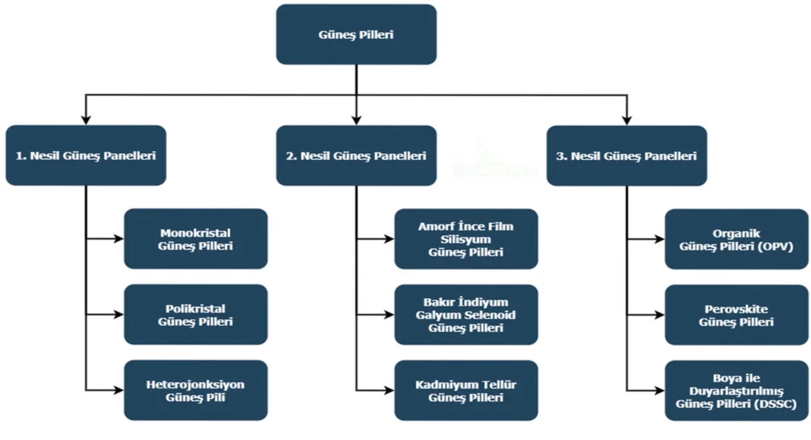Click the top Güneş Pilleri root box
click(356, 35)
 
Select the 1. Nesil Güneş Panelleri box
click(86, 156)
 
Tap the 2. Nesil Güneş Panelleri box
click(356, 156)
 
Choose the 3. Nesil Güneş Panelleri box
click(626, 156)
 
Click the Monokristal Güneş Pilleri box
click(196, 239)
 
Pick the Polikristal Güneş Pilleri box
click(196, 315)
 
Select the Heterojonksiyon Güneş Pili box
click(196, 391)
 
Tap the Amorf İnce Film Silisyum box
click(466, 239)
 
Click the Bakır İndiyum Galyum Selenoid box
click(466, 315)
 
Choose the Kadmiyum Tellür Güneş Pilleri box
click(466, 391)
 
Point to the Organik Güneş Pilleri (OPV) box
click(737, 239)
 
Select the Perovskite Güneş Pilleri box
click(737, 315)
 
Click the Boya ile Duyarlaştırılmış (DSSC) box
click(737, 391)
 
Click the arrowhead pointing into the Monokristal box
click(118, 239)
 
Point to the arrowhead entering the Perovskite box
click(659, 315)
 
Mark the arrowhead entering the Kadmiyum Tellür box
click(389, 391)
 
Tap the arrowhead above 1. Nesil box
click(86, 119)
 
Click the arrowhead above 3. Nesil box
click(626, 119)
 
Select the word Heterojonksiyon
click(195, 385)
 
